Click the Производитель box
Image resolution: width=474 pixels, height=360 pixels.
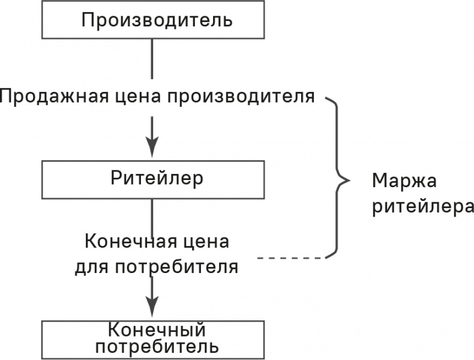coord(153,20)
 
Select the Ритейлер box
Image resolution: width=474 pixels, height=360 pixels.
coord(153,178)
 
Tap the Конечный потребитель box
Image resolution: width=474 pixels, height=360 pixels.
coord(153,338)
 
